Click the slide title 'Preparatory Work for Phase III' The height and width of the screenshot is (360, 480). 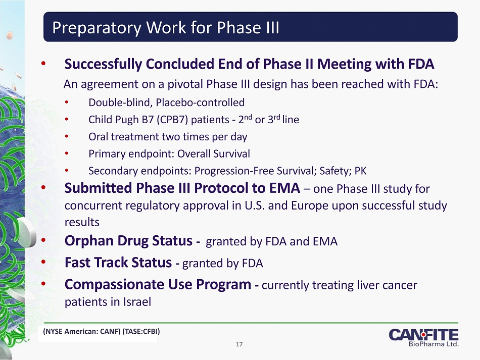click(x=166, y=28)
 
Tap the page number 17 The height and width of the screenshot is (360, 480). click(x=239, y=344)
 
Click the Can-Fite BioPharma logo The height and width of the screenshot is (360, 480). click(x=424, y=338)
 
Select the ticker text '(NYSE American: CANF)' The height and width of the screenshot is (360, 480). click(x=82, y=331)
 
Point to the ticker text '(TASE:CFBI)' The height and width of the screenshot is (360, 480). click(x=141, y=331)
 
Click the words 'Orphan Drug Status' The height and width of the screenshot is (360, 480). click(x=128, y=241)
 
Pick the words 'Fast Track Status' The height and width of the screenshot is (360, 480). click(x=118, y=263)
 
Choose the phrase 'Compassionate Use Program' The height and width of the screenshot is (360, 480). click(x=158, y=284)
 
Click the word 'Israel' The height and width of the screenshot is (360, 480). click(x=137, y=302)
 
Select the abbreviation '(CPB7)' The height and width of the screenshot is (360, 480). click(x=172, y=120)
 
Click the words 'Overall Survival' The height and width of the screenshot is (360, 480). click(x=214, y=153)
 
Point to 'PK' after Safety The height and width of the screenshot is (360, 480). click(x=360, y=171)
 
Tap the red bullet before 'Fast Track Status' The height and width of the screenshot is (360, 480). click(x=43, y=262)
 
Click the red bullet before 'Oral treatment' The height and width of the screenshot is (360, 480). click(x=66, y=136)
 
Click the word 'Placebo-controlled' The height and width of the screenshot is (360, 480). click(x=200, y=102)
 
